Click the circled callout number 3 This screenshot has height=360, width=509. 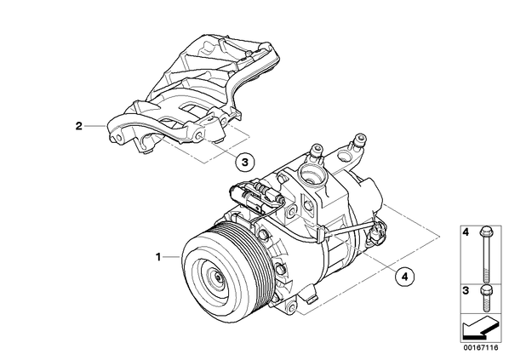tap(245, 162)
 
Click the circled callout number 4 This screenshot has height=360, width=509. tap(404, 277)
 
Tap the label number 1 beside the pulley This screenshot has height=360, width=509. tap(158, 257)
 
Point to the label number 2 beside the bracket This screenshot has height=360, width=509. tap(79, 126)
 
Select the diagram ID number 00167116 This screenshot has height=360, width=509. tap(481, 348)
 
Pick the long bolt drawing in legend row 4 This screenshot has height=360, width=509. tap(486, 254)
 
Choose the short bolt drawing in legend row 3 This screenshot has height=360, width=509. tap(486, 297)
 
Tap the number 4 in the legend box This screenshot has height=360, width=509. tap(466, 231)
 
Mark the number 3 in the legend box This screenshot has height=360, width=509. tap(466, 290)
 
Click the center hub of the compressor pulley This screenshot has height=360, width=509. tap(217, 277)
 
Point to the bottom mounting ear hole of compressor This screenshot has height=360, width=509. tap(291, 306)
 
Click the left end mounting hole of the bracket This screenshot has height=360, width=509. tap(118, 138)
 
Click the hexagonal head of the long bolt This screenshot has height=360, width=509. tap(486, 231)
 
